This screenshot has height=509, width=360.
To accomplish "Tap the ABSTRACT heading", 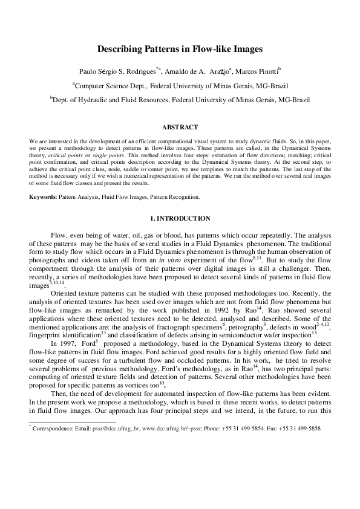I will [x=180, y=127].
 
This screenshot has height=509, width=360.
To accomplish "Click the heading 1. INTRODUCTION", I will [x=180, y=218].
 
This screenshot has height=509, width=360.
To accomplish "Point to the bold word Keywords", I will [x=41, y=197].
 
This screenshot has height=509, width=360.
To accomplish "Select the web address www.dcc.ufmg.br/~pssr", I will [x=165, y=429].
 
